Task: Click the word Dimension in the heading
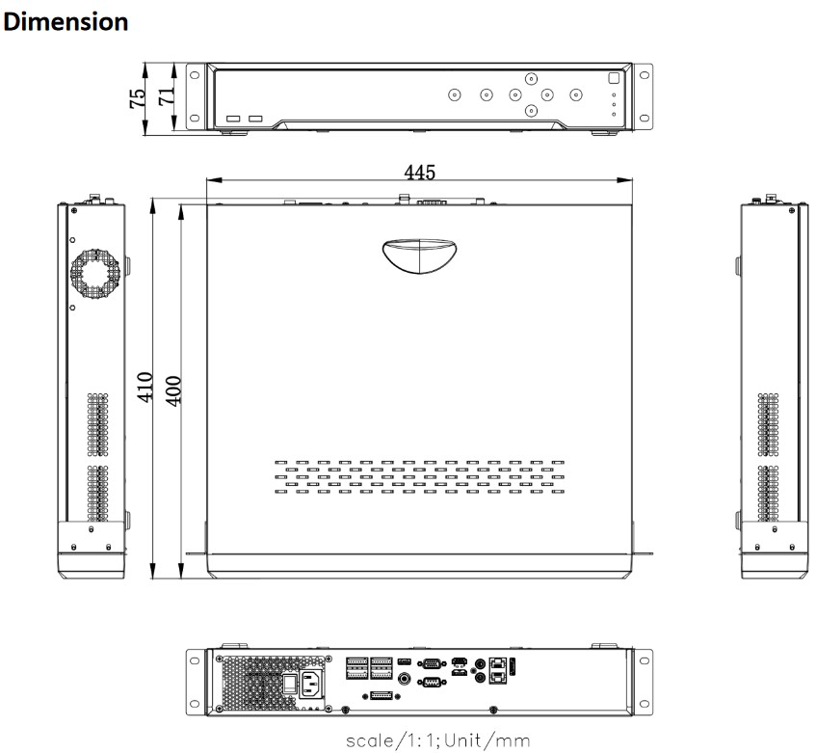(66, 22)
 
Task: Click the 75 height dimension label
(138, 98)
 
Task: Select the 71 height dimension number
(167, 95)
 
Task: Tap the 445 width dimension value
(419, 172)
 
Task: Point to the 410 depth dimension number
(145, 387)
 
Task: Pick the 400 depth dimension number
(173, 391)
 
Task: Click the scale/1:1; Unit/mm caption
(438, 740)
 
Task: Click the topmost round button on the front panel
(531, 79)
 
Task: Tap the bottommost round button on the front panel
(531, 111)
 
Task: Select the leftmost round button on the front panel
(455, 94)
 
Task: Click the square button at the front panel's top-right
(614, 78)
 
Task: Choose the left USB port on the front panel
(233, 119)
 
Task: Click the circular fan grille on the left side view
(95, 274)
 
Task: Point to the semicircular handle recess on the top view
(419, 256)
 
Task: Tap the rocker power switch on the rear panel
(290, 684)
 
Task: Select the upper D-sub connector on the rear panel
(432, 664)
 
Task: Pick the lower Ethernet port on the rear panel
(498, 677)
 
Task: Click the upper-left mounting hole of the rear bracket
(195, 661)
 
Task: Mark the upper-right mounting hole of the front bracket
(645, 75)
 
